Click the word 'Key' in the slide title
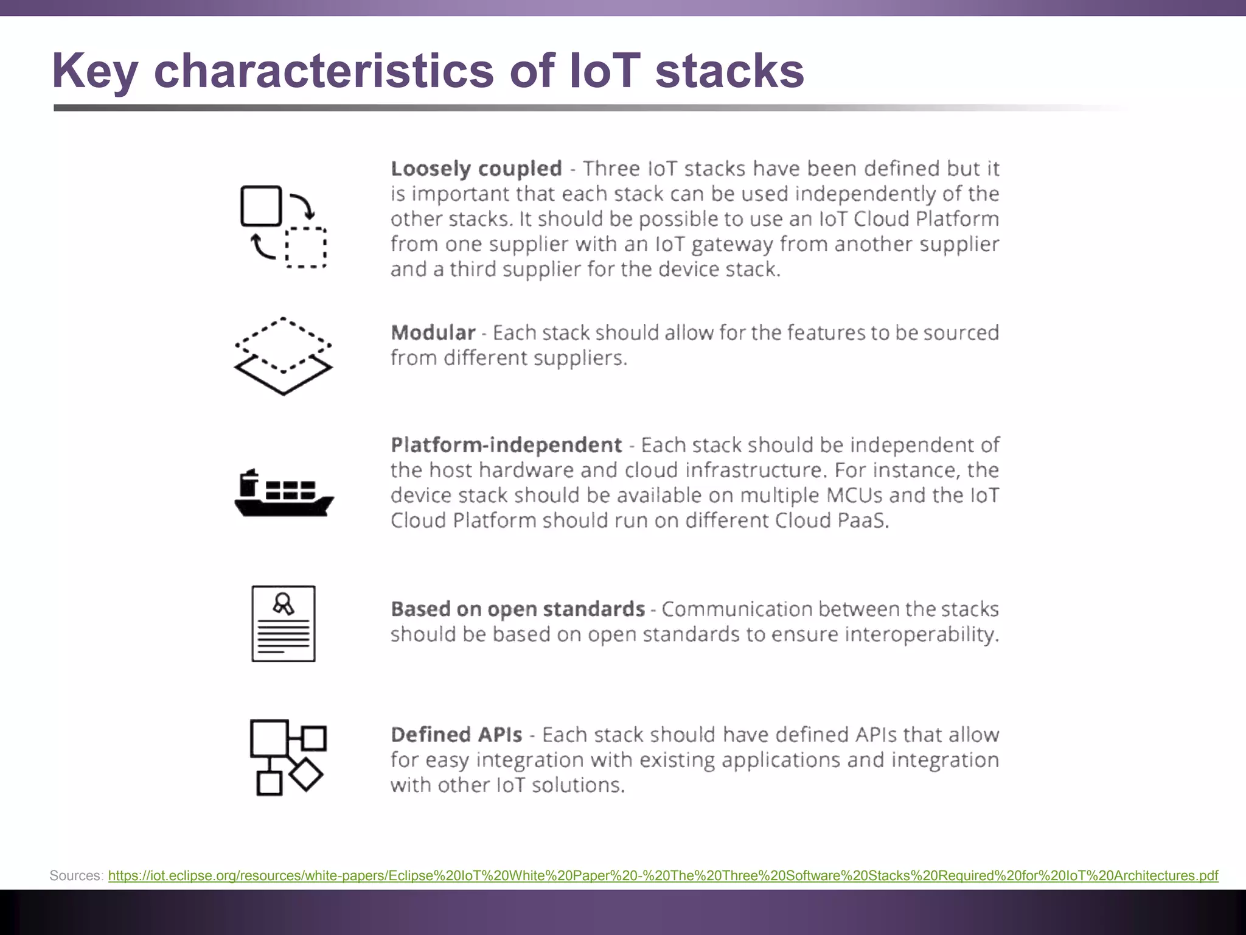click(x=94, y=71)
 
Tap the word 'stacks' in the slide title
click(x=729, y=71)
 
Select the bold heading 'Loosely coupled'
click(x=476, y=169)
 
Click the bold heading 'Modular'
click(x=433, y=333)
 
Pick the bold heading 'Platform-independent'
click(x=506, y=445)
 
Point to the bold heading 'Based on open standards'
click(x=518, y=609)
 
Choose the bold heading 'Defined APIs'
click(x=456, y=735)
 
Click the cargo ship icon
click(x=284, y=494)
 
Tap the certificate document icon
click(x=284, y=623)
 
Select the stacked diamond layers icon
click(x=284, y=356)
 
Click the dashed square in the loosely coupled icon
click(x=306, y=247)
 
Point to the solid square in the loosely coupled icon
click(x=262, y=206)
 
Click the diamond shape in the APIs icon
click(x=305, y=774)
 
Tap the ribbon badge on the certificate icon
click(x=284, y=603)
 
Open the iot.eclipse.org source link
click(x=663, y=875)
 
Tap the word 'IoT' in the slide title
click(x=604, y=71)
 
